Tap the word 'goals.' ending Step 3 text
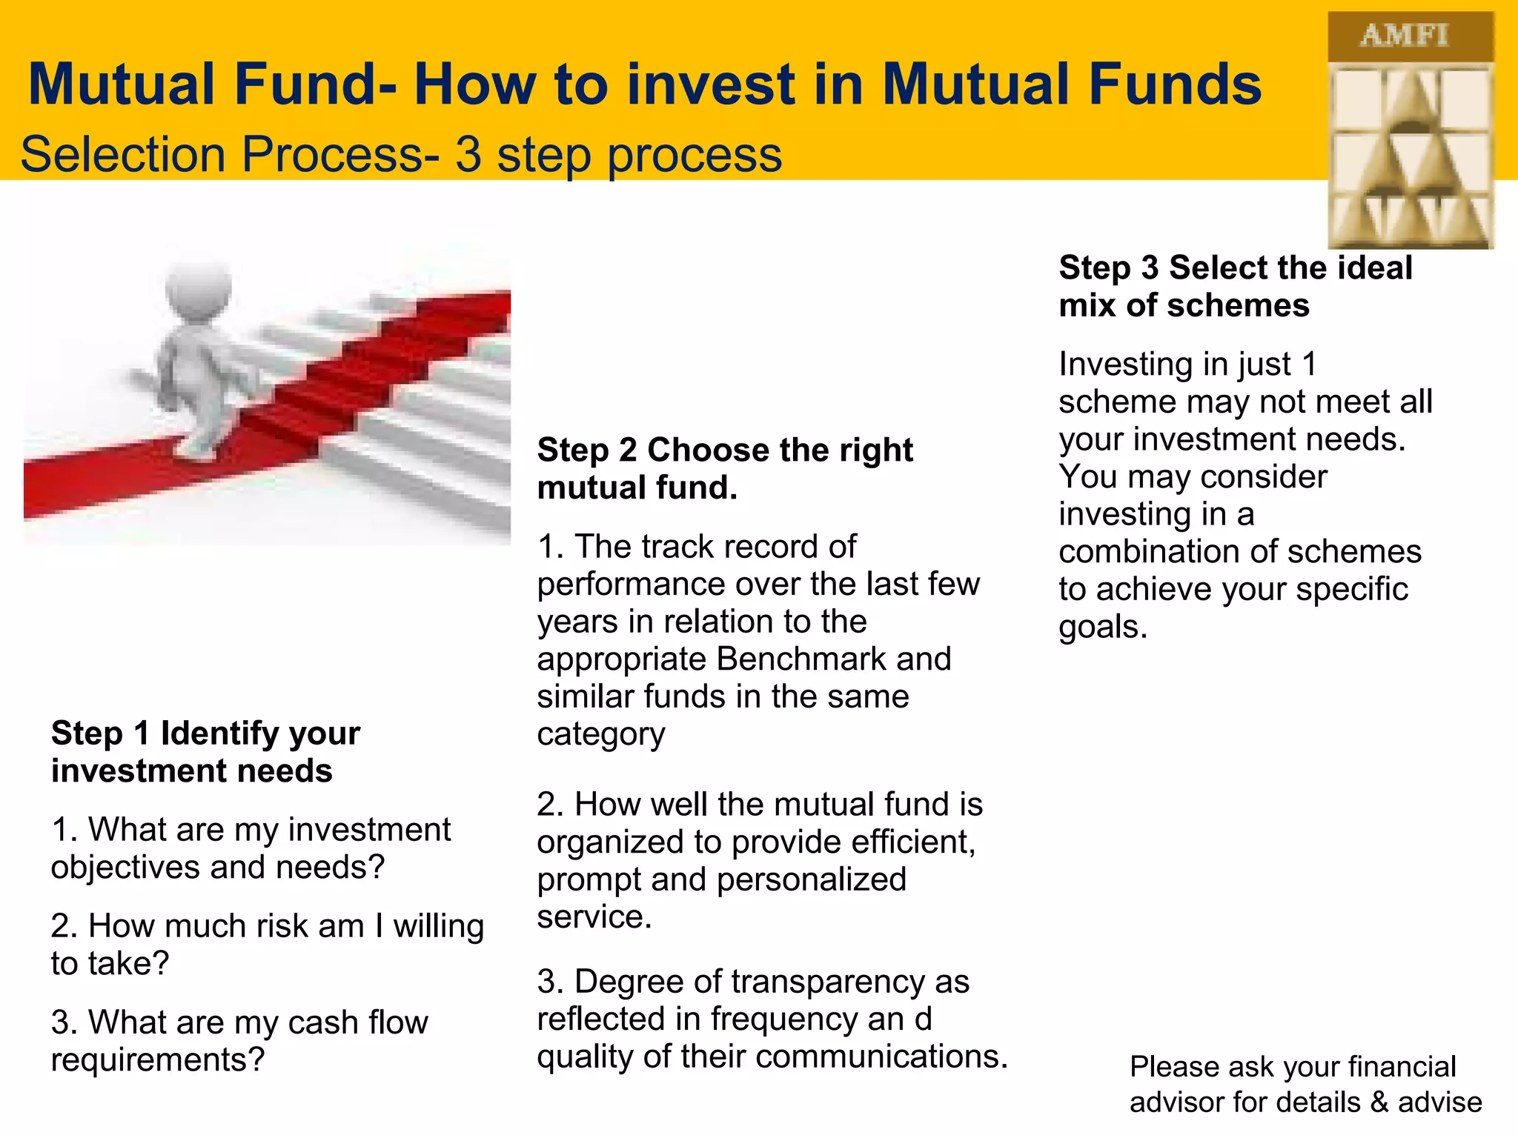(x=1103, y=627)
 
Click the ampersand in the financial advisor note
(x=1379, y=1102)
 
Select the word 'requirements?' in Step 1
(x=158, y=1060)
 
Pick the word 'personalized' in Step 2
(x=811, y=880)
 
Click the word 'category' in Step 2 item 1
(x=601, y=735)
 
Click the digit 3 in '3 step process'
(x=468, y=154)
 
